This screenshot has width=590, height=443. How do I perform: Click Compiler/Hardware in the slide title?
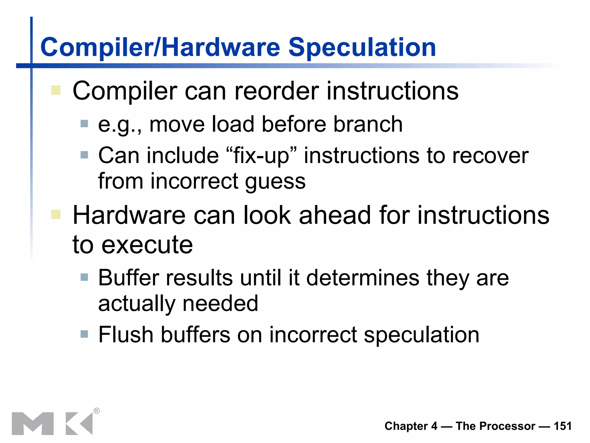coord(160,48)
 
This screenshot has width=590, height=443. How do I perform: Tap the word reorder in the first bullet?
coord(277,91)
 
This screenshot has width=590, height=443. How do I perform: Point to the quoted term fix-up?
coord(261,156)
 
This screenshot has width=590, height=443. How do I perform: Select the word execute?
coord(147,245)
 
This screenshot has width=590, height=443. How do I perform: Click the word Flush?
coord(126,335)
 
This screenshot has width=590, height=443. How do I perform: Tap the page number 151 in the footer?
coord(562,426)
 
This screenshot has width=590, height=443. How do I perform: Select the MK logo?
coord(52,423)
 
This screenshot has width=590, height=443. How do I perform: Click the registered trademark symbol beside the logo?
coord(97,411)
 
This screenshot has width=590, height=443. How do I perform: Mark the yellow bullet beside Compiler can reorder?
coord(56,90)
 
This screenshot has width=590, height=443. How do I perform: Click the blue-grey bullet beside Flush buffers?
coord(84,334)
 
